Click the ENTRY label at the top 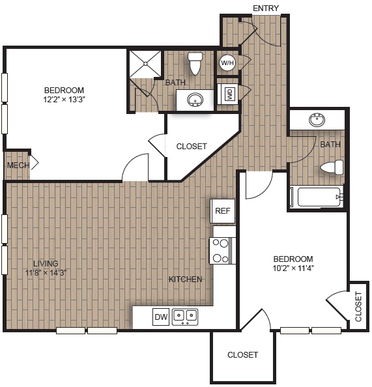(x=266, y=8)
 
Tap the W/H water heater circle (x=227, y=63)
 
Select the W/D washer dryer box (x=229, y=94)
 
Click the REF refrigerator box (x=223, y=210)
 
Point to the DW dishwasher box (x=161, y=317)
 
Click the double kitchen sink (x=184, y=317)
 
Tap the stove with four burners (x=222, y=251)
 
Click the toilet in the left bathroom (x=195, y=63)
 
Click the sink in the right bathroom (x=317, y=120)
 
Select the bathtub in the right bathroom (x=316, y=197)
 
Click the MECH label (x=18, y=165)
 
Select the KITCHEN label (x=185, y=279)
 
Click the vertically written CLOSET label (x=358, y=306)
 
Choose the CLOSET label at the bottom (x=242, y=355)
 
